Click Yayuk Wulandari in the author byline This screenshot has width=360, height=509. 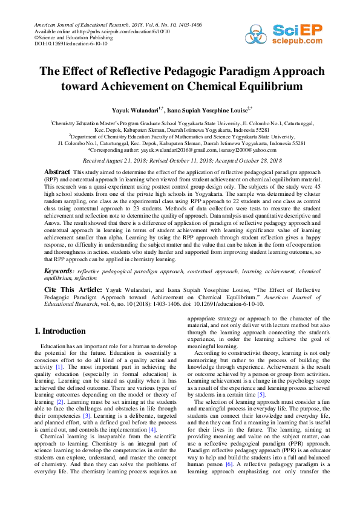click(136, 111)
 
